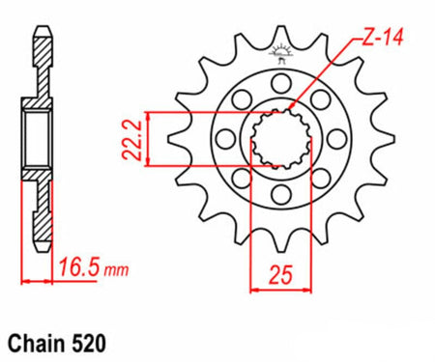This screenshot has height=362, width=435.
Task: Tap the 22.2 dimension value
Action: tap(131, 140)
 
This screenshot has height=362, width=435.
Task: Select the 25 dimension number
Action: tap(281, 275)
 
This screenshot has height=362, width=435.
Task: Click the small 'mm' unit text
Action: tap(116, 270)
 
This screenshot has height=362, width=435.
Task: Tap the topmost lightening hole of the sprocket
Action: tap(281, 83)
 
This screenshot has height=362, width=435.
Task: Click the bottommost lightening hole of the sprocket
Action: tap(281, 195)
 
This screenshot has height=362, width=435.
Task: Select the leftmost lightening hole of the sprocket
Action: tap(225, 139)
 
